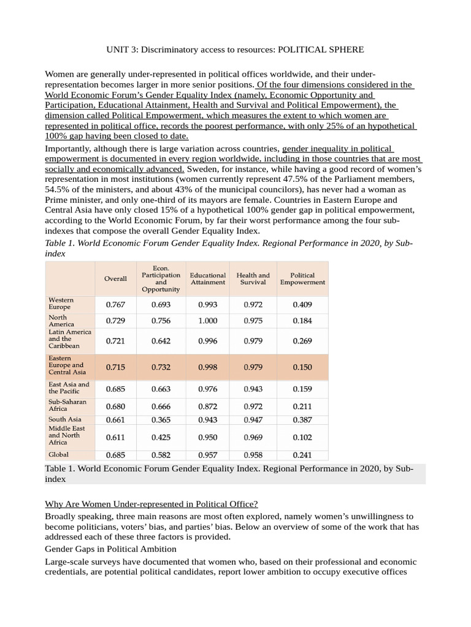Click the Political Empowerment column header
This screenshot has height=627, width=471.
point(302,279)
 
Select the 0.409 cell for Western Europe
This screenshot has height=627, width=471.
point(302,304)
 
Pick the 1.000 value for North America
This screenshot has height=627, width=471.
point(208,320)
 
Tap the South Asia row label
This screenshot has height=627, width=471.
point(65,419)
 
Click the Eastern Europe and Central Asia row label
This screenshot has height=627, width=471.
point(67,365)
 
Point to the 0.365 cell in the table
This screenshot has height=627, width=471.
point(161,419)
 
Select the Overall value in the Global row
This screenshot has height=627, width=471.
point(116,455)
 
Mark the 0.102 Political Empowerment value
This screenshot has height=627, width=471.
point(302,437)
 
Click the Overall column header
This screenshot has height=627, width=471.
point(116,279)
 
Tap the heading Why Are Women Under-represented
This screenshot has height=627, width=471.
point(151,504)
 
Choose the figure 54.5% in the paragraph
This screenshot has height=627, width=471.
point(58,190)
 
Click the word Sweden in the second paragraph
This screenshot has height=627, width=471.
point(203,168)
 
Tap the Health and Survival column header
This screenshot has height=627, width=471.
point(253,279)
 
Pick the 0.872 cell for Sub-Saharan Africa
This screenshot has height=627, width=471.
point(208,406)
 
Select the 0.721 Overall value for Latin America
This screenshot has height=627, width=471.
point(116,341)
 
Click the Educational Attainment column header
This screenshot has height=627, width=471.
point(208,279)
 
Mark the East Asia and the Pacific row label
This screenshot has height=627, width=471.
point(69,388)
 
